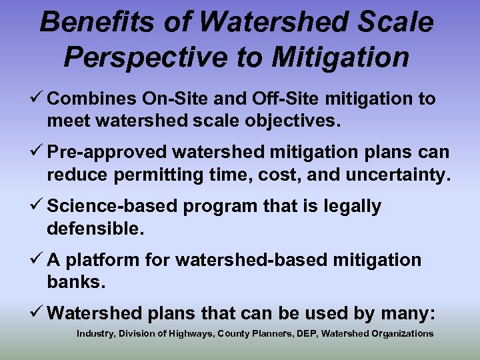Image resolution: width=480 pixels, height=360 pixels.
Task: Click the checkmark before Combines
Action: point(37,99)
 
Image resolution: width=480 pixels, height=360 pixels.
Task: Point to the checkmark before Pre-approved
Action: point(37,153)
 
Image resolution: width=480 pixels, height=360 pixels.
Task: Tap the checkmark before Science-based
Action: point(37,207)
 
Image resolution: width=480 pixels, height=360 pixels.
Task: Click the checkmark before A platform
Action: point(37,260)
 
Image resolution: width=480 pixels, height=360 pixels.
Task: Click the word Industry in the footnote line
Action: point(95,333)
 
